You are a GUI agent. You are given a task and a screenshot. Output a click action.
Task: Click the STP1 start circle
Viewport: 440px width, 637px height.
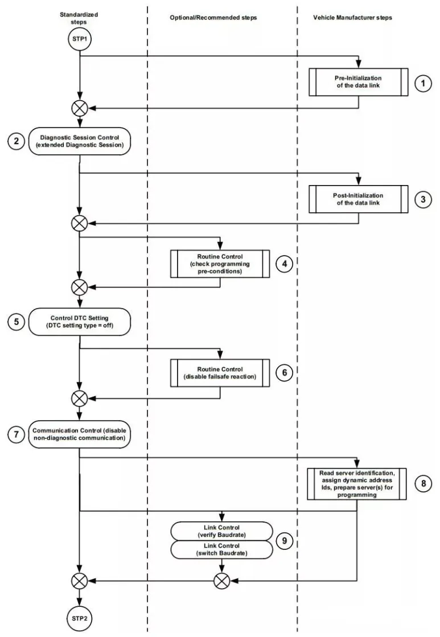point(80,39)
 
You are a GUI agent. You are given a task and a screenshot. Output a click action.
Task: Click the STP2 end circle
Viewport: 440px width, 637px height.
point(79,618)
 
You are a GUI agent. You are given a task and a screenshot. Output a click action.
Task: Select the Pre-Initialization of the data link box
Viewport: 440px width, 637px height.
point(359,82)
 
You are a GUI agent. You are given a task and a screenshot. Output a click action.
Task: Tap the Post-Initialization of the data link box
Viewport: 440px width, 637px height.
point(359,199)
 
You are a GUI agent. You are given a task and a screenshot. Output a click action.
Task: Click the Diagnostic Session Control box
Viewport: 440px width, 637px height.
point(80,141)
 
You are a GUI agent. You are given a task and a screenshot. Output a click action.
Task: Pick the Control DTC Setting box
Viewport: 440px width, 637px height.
point(80,322)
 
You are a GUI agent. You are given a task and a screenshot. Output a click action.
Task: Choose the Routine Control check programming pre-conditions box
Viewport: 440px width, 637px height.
point(220,264)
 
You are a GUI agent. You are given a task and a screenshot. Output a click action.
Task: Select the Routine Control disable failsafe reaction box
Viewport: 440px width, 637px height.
point(220,373)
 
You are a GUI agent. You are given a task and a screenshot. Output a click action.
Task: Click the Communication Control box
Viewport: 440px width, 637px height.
point(80,434)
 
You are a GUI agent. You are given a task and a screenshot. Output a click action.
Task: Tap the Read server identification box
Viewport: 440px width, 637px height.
point(357,484)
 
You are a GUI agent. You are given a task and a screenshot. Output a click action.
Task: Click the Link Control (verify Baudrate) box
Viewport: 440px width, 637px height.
point(221,531)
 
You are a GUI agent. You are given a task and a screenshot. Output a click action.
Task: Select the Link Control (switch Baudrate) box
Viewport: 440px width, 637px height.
point(221,550)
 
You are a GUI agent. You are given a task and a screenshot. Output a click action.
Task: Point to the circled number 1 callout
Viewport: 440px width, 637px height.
point(423,83)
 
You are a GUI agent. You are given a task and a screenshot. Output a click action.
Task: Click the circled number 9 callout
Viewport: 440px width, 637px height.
point(285,541)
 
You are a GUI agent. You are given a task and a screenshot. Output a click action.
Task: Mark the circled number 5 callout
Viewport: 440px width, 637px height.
point(17,322)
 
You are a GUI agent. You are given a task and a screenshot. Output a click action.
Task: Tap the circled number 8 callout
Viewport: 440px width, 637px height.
point(423,483)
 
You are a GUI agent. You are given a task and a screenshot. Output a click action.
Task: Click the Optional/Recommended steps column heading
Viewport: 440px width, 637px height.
point(213,18)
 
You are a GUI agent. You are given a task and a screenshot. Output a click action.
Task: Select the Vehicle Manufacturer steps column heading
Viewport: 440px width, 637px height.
point(353,18)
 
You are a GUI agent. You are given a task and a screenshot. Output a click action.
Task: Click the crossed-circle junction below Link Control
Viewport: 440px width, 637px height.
point(222,581)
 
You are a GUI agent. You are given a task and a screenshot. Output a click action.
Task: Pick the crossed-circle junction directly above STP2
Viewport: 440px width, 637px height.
point(79,581)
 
